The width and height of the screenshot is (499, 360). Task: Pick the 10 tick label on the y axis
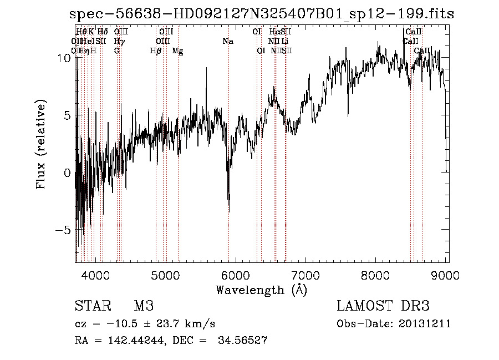[x=64, y=58]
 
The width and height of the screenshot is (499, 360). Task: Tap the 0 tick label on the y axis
[x=67, y=173]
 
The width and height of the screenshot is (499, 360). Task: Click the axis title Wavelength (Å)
[x=261, y=290]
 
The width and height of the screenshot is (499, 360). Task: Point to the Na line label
[x=227, y=41]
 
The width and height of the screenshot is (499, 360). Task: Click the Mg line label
[x=177, y=51]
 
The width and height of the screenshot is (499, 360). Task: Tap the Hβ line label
[x=156, y=51]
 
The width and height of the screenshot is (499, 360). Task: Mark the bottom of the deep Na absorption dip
[x=229, y=211]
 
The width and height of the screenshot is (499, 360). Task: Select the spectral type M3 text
[x=143, y=306]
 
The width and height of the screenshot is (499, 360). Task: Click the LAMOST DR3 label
[x=383, y=306]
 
